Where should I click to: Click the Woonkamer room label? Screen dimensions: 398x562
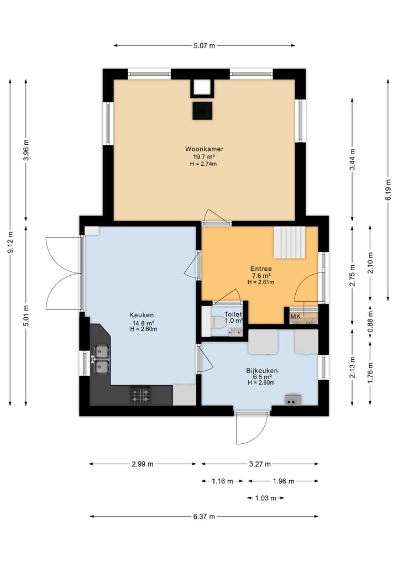pyautogui.click(x=204, y=149)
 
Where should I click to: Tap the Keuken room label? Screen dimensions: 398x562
pyautogui.click(x=142, y=315)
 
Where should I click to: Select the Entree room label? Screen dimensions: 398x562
pyautogui.click(x=261, y=269)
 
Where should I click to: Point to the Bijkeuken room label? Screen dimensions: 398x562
pyautogui.click(x=262, y=371)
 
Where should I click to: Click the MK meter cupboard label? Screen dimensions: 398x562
pyautogui.click(x=295, y=316)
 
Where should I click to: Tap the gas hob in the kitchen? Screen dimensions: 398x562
pyautogui.click(x=140, y=396)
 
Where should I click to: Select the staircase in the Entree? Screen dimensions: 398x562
pyautogui.click(x=290, y=242)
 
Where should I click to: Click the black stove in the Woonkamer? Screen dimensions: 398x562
pyautogui.click(x=202, y=111)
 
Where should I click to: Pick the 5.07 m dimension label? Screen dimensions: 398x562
pyautogui.click(x=204, y=45)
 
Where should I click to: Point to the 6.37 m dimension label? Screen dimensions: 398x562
pyautogui.click(x=204, y=517)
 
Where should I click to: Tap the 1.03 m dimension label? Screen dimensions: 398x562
pyautogui.click(x=266, y=498)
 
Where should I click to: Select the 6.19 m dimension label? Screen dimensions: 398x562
pyautogui.click(x=388, y=190)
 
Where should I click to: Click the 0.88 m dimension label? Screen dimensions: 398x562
pyautogui.click(x=370, y=321)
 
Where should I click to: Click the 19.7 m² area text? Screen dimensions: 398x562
pyautogui.click(x=203, y=156)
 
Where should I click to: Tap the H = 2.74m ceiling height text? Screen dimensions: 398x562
pyautogui.click(x=203, y=164)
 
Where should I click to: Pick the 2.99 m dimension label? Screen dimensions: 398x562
pyautogui.click(x=143, y=464)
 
